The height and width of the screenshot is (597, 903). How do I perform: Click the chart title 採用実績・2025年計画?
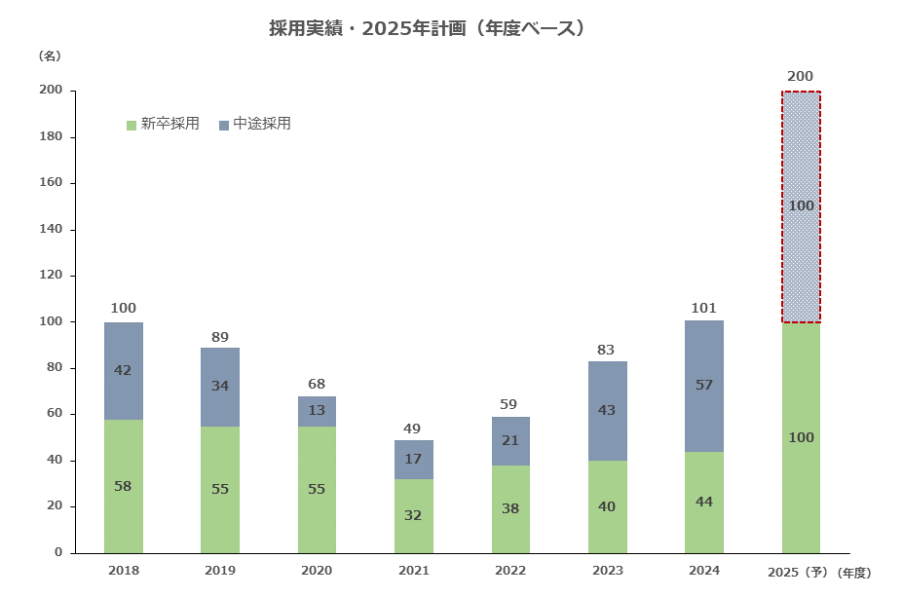point(429,28)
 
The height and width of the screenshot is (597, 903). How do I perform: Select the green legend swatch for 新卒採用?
point(132,125)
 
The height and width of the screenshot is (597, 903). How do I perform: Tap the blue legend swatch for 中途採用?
point(224,125)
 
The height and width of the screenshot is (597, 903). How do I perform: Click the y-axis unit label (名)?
point(50,56)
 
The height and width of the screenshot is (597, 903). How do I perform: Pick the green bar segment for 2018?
point(124,486)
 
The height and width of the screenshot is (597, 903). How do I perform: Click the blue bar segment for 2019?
point(220,387)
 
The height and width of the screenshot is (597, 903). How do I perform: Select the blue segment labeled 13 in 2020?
point(317,411)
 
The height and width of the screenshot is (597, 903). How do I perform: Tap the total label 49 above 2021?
point(413,429)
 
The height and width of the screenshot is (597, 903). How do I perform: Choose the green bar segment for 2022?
point(509,508)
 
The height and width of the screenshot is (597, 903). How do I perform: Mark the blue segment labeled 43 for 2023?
point(607,411)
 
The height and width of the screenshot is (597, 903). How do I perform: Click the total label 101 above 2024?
point(703,309)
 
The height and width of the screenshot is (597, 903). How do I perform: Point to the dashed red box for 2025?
point(801,206)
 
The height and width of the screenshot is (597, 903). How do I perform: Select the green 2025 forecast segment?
point(801,437)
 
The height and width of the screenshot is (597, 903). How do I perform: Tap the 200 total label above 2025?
point(801,76)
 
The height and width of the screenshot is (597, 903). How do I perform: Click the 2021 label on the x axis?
point(413,571)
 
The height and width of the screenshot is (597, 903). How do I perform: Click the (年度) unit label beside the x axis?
point(854,572)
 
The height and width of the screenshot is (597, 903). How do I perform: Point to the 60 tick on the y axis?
point(55,414)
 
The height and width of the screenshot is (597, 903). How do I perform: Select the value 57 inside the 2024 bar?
point(703,385)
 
